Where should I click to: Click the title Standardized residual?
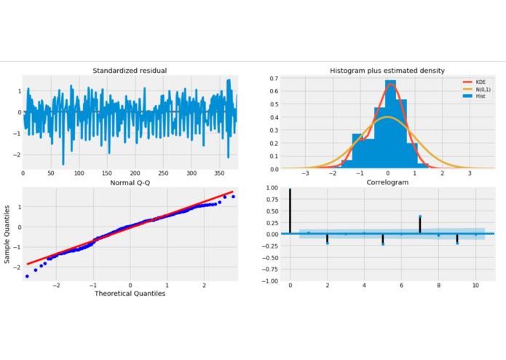click(130, 71)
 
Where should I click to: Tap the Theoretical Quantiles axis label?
click(130, 294)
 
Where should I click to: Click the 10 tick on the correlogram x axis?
click(475, 286)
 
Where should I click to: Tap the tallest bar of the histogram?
click(391, 124)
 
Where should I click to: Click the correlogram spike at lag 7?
click(420, 224)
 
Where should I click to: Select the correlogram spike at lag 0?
click(290, 211)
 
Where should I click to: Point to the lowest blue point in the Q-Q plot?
click(27, 276)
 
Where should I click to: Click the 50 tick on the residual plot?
click(51, 174)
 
